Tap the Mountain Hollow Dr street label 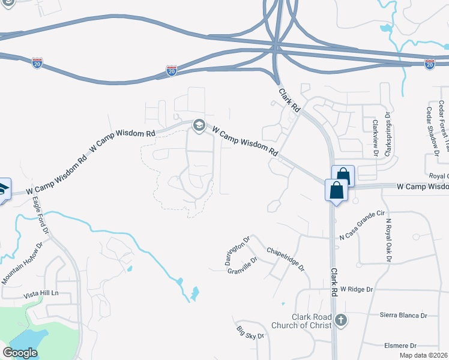pyautogui.click(x=23, y=263)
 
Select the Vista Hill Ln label pyautogui.click(x=41, y=293)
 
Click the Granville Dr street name pyautogui.click(x=243, y=265)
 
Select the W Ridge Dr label pyautogui.click(x=357, y=289)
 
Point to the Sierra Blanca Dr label pyautogui.click(x=403, y=315)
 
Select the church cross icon pyautogui.click(x=342, y=320)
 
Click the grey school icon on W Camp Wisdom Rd pyautogui.click(x=199, y=125)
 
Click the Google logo pyautogui.click(x=20, y=353)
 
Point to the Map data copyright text pyautogui.click(x=424, y=355)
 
